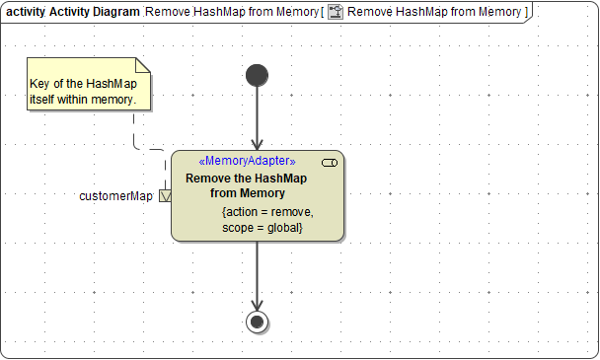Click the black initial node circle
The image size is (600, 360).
click(257, 75)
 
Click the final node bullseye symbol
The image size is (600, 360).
click(258, 322)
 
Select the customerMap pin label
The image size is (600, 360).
click(115, 196)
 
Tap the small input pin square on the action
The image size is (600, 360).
click(165, 196)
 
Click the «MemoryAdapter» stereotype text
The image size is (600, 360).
click(247, 161)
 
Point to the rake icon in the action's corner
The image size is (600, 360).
click(330, 162)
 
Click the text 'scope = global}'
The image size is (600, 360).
click(262, 228)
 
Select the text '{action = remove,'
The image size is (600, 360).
click(267, 212)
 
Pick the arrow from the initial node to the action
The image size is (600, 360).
click(257, 118)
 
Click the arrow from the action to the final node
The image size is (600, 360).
click(257, 276)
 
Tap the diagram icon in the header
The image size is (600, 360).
click(336, 11)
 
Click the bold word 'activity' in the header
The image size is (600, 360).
click(26, 11)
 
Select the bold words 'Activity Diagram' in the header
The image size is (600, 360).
click(95, 11)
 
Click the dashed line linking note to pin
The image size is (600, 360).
click(134, 133)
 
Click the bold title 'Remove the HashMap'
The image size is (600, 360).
click(247, 178)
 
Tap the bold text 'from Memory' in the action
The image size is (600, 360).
click(248, 192)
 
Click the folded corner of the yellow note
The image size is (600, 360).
click(142, 65)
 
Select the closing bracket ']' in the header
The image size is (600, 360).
click(527, 11)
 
